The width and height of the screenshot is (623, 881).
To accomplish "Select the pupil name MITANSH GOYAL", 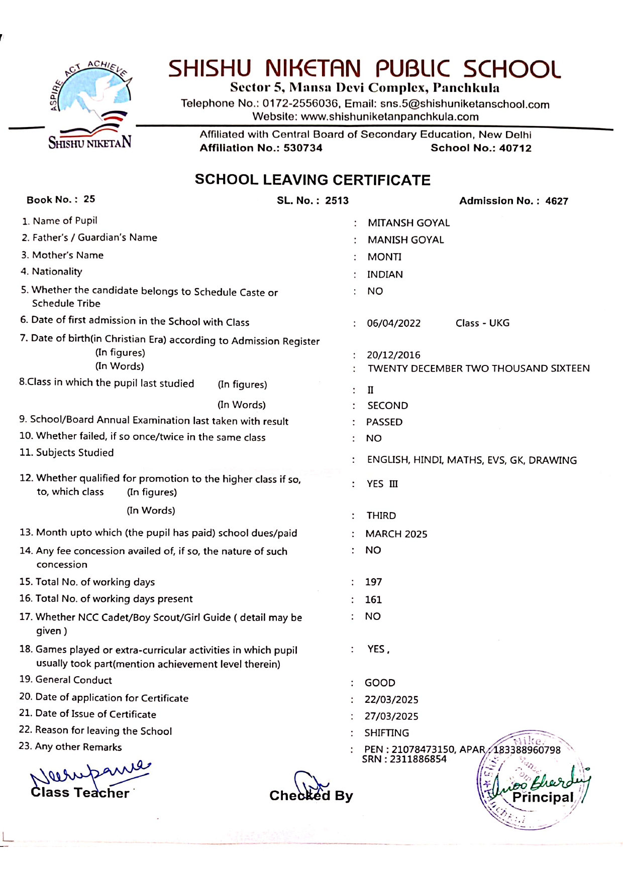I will click(x=408, y=223).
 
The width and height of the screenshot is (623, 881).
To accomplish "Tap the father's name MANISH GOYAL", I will click(x=405, y=240).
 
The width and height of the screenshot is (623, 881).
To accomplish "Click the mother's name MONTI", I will click(x=384, y=257).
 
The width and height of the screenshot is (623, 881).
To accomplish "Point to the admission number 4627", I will click(x=557, y=201).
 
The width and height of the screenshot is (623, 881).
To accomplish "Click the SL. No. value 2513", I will click(x=337, y=201).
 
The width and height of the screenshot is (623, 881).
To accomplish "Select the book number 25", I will click(x=89, y=199).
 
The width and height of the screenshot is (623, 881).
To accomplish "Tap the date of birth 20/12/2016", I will click(x=393, y=355).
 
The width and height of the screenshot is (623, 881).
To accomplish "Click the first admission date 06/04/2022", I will click(x=393, y=323).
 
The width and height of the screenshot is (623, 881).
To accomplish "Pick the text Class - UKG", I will click(x=482, y=323).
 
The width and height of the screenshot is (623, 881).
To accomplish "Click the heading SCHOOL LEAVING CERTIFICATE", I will click(x=313, y=180).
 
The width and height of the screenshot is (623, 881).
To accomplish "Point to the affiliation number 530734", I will click(x=303, y=148).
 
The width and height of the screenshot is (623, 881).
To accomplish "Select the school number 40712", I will click(x=515, y=148).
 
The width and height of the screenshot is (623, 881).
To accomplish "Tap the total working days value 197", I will click(x=373, y=582).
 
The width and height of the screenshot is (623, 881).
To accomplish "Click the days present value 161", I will click(x=373, y=600).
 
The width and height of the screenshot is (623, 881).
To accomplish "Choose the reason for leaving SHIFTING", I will click(x=387, y=733).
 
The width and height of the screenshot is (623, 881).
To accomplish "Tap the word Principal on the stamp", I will click(x=543, y=798).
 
